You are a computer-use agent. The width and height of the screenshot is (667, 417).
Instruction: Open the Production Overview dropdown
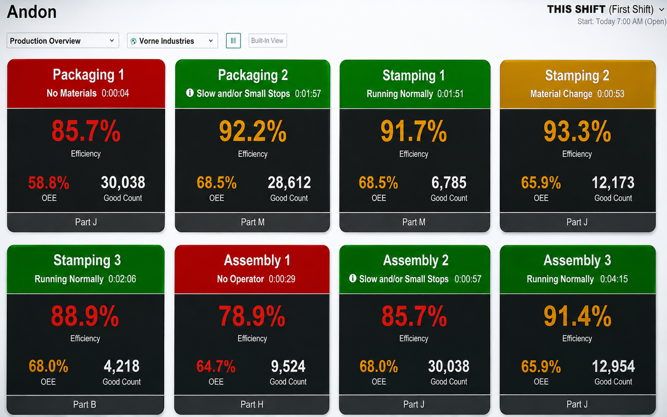click(x=63, y=40)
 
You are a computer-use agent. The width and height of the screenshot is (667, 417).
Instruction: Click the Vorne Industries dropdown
click(x=172, y=40)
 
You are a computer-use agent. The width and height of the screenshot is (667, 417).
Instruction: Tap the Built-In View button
click(x=267, y=40)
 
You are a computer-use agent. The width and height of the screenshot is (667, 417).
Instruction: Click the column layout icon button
click(x=233, y=40)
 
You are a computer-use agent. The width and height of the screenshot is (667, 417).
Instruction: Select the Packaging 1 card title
click(x=88, y=75)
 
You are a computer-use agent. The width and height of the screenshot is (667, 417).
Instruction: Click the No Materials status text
click(x=71, y=93)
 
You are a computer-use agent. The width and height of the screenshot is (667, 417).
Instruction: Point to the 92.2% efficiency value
click(x=252, y=131)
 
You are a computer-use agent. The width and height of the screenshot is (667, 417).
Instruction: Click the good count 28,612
click(x=289, y=182)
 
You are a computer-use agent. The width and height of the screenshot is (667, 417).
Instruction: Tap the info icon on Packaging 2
click(x=190, y=93)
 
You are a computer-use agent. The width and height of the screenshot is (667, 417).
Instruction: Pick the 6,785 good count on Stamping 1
click(x=449, y=182)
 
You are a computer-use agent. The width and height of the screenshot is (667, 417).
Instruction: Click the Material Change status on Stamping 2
click(x=561, y=94)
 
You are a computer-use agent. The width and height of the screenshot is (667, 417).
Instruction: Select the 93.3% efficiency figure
click(x=577, y=131)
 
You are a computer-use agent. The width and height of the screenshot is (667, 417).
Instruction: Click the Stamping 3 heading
click(x=87, y=260)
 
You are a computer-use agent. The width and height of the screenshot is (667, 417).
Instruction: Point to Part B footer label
click(x=85, y=404)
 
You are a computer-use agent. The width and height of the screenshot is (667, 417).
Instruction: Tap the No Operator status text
click(x=240, y=279)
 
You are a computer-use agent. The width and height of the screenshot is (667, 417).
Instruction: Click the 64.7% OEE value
click(x=216, y=366)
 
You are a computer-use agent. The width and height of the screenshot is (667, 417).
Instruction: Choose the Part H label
click(x=251, y=404)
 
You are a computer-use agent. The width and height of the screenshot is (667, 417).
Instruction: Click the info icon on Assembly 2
click(x=352, y=278)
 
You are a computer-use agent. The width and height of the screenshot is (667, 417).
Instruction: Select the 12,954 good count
click(x=613, y=366)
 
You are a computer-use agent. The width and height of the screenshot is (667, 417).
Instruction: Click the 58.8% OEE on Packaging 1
click(x=48, y=182)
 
